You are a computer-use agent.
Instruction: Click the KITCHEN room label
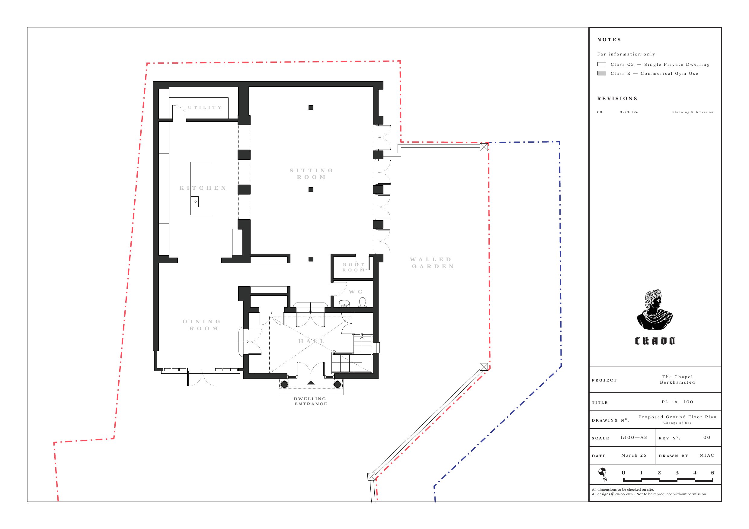coord(203,188)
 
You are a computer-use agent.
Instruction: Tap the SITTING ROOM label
coord(311,174)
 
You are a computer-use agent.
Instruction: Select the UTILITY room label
coord(205,108)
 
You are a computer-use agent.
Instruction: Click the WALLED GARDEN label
coord(432,263)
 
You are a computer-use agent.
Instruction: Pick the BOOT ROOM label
coord(354,267)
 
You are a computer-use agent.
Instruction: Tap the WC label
coord(356,292)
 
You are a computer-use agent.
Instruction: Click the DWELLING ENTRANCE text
coord(311,401)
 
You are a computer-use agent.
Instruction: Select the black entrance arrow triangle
coord(311,383)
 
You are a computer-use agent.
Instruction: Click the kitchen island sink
coord(195,201)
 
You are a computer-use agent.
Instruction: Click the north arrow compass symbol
coord(603,474)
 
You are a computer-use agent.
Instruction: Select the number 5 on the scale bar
coord(712,473)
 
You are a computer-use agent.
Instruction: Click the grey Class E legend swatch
coord(602,73)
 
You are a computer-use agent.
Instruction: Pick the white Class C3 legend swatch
coord(602,64)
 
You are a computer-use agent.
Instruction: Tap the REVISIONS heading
coord(617,98)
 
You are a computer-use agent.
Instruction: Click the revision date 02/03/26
coord(629,112)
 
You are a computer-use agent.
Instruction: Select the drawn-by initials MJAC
coord(707,455)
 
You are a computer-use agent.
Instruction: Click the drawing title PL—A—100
coord(677,402)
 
